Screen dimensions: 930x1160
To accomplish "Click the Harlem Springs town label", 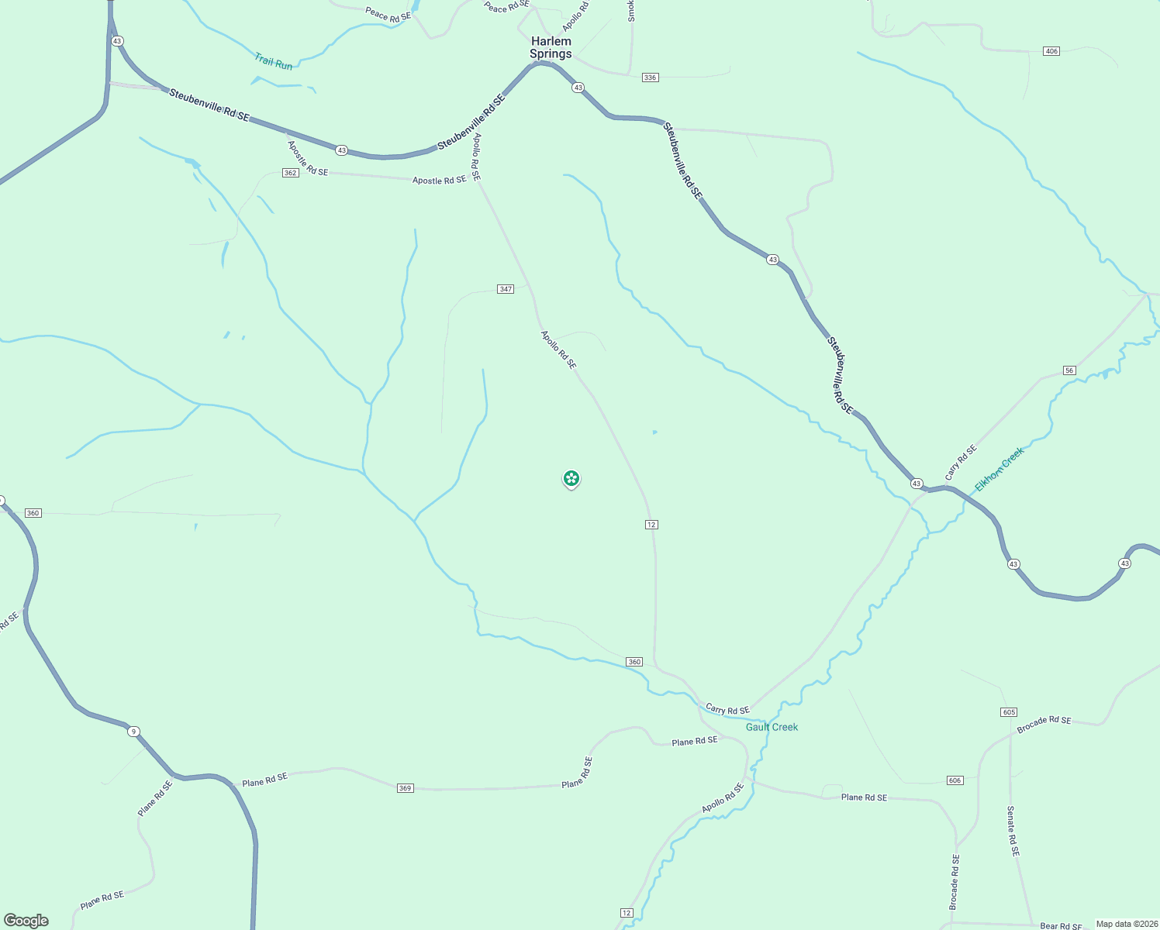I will pos(551,47).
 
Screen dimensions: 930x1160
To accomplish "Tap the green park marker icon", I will pos(571,478).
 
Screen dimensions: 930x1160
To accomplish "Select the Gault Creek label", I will pos(772,727).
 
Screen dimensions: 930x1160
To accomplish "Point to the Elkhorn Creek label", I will pos(999,469).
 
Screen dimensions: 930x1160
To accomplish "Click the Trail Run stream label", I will pos(274,61).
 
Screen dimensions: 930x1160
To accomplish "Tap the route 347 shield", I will pos(506,289).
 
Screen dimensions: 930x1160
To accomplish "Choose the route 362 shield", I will pos(290,173).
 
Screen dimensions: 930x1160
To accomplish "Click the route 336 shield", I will pos(650,77).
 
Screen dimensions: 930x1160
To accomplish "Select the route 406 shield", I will pos(1051,51).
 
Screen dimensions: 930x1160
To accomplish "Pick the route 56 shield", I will pos(1069,370).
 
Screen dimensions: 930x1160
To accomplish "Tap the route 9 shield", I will pos(133,732).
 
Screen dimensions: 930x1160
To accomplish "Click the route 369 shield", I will pos(405,788).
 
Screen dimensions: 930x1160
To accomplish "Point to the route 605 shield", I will pos(1008,712).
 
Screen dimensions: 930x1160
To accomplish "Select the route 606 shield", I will pos(955,780).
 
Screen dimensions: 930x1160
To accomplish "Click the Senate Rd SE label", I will pos(1012,831).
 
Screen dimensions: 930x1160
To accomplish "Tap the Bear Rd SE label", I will pos(1060,926).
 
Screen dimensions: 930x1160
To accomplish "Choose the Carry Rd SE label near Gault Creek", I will pos(727,710).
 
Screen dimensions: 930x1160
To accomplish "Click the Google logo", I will pos(26,921).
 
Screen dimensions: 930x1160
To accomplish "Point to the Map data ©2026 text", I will pos(1127,924).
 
